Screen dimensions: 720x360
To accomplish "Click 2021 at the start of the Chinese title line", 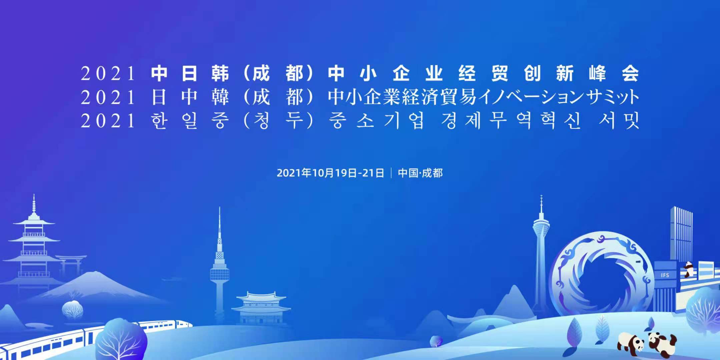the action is pos(108,74).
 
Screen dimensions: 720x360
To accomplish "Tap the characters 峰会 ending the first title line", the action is pos(614,74).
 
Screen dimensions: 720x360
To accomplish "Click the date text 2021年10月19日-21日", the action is pos(330,173).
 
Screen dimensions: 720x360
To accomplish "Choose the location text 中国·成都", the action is pos(420,173).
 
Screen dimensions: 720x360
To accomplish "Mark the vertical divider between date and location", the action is pos(391,173).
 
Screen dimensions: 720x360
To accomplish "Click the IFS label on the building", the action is pos(665,275).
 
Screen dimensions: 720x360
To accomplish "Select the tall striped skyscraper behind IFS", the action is pos(681,233).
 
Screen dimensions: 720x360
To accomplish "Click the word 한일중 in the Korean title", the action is pos(190,120).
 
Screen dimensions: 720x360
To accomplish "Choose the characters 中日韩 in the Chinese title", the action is pos(190,74).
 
